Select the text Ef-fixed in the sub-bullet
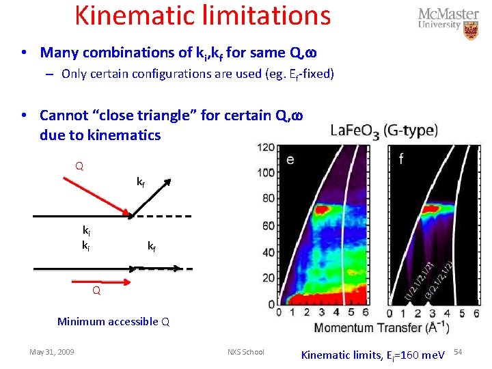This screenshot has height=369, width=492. (x=308, y=74)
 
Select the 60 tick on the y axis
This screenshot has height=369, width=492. (x=267, y=226)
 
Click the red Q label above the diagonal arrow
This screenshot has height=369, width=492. (x=79, y=166)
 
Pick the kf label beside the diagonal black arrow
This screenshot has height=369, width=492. (x=140, y=182)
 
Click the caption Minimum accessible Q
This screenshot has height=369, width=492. (x=113, y=321)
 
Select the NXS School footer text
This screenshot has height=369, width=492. (x=245, y=352)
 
